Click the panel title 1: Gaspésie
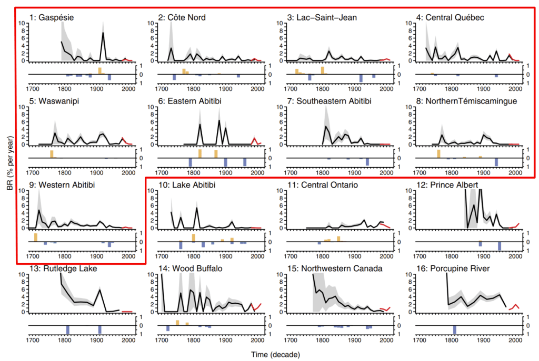point(52,18)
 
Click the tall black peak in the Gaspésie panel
point(103,33)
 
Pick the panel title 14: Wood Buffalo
point(190,269)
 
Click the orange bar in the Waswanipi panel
point(52,154)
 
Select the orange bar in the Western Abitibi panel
point(36,237)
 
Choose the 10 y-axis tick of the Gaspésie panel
point(22,23)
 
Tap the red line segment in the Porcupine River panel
point(516,306)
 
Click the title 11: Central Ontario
point(326,185)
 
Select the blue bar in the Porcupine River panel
point(454,329)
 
